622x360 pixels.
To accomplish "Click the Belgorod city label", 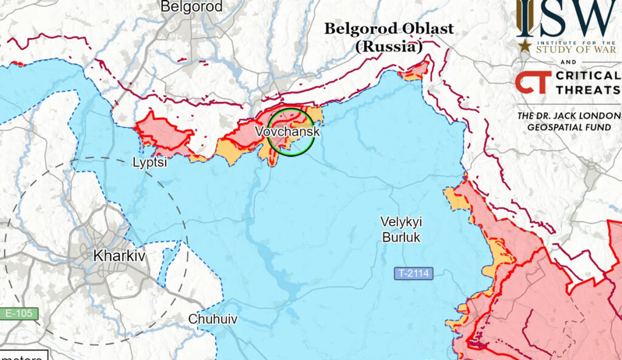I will click(x=192, y=7).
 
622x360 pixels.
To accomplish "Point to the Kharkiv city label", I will click(x=119, y=256).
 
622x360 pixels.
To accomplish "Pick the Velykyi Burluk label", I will click(x=401, y=230).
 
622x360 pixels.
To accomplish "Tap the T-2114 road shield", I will click(x=414, y=274).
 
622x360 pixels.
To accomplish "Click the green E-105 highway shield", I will click(x=19, y=314).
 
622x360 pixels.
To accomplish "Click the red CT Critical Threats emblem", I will click(x=533, y=82).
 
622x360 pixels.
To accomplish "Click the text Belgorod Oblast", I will click(x=389, y=29).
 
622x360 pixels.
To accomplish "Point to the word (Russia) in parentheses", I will click(x=389, y=47).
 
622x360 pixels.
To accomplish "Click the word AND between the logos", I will click(x=567, y=63).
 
